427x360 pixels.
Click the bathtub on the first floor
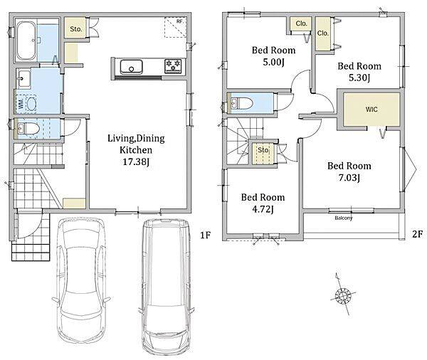click(x=26, y=41)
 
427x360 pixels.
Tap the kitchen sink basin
click(x=132, y=67)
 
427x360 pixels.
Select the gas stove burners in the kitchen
click(x=173, y=66)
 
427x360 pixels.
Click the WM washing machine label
click(x=21, y=102)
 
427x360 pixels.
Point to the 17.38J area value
click(x=136, y=162)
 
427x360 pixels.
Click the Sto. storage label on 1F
click(x=76, y=29)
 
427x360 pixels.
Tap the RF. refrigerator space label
click(x=179, y=21)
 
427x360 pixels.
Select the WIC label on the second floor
click(x=371, y=110)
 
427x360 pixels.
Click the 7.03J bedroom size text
click(x=349, y=178)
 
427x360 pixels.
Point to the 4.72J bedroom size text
click(x=263, y=209)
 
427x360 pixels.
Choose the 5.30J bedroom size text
click(x=359, y=78)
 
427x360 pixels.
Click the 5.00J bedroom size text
click(x=274, y=62)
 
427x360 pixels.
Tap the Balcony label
click(x=344, y=218)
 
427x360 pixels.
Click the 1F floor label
click(x=206, y=235)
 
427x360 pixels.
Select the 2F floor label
click(x=417, y=234)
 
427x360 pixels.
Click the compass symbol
click(x=342, y=295)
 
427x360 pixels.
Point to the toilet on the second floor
click(x=242, y=103)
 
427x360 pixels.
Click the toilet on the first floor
click(x=27, y=128)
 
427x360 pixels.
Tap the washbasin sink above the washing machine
click(x=23, y=79)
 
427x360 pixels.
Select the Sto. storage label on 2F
click(x=263, y=150)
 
